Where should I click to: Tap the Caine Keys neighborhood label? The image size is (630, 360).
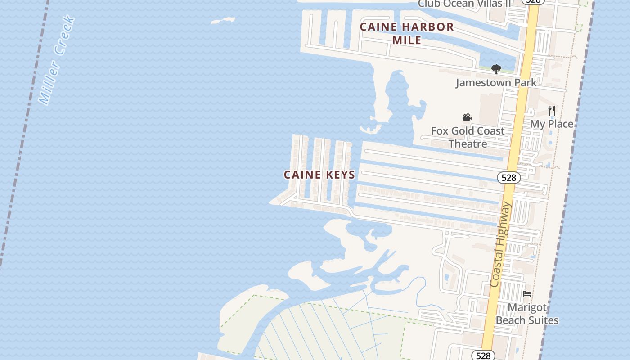click(x=319, y=175)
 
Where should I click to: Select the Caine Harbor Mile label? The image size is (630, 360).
click(x=407, y=33)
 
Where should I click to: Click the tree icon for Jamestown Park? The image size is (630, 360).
click(x=496, y=69)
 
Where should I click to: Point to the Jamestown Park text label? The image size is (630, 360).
click(x=496, y=83)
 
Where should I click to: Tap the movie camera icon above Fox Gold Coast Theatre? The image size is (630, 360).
click(x=467, y=117)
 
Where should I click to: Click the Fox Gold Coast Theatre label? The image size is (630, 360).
click(x=468, y=137)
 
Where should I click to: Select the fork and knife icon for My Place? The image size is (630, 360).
click(x=552, y=111)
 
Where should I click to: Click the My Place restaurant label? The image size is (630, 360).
click(x=552, y=124)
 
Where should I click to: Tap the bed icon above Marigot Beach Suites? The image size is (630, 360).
click(x=527, y=294)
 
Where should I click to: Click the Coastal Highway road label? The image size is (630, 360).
click(x=501, y=245)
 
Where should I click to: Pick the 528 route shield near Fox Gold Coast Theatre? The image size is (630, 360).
click(x=508, y=178)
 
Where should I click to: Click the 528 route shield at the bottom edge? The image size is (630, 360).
click(x=483, y=355)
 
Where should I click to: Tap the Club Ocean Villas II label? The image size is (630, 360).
click(x=464, y=4)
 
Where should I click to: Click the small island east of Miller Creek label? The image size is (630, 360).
click(x=223, y=21)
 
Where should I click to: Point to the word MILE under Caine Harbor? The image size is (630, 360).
click(x=407, y=40)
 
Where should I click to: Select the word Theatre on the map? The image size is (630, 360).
click(x=468, y=144)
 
